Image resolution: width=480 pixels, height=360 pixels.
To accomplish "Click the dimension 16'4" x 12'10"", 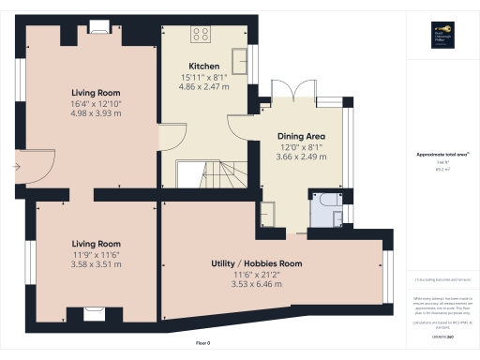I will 97,103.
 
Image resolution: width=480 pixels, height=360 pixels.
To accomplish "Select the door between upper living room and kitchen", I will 163,138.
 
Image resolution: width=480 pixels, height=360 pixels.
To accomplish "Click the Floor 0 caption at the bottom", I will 203,344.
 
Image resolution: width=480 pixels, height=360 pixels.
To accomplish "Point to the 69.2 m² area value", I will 440,169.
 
